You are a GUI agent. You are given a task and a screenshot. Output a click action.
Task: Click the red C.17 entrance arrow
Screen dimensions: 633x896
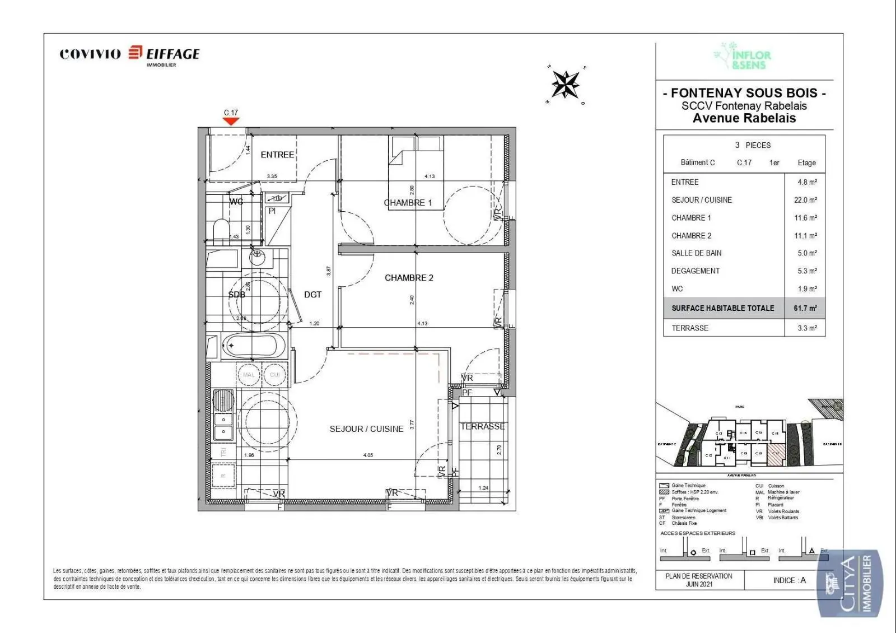click(231, 121)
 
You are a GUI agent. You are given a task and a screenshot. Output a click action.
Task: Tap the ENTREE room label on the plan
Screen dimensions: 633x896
click(277, 155)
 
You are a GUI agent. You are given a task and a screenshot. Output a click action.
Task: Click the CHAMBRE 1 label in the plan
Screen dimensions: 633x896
click(408, 203)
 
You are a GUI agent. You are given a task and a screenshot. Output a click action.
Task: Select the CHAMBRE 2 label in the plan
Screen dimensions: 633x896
click(409, 278)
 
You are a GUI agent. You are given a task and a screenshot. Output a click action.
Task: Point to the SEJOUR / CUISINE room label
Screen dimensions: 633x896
click(366, 429)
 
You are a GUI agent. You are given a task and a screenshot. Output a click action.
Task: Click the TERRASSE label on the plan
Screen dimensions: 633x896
click(482, 427)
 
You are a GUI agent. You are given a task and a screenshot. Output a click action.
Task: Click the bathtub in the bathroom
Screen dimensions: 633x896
click(254, 345)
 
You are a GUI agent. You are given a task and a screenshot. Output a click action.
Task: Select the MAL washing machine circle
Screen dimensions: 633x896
click(249, 375)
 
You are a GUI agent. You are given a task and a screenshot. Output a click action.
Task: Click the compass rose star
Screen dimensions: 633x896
click(566, 85)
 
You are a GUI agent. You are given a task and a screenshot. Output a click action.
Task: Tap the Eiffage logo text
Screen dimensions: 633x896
click(172, 54)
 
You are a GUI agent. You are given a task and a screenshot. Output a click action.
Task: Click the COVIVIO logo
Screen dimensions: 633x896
click(90, 54)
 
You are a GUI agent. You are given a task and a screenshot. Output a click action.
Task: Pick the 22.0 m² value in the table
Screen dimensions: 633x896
click(805, 200)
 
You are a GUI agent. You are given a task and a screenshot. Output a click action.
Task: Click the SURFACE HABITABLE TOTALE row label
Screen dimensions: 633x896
click(722, 308)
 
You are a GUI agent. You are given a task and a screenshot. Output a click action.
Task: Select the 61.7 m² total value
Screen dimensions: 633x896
click(805, 308)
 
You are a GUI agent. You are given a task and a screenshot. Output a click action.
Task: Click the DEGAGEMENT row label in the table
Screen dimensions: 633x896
click(695, 271)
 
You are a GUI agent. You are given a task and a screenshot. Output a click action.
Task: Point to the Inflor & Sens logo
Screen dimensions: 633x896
click(743, 56)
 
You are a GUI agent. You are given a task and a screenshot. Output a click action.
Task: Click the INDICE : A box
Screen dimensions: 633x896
click(789, 580)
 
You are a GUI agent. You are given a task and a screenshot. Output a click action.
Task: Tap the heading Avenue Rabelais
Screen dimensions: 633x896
click(744, 118)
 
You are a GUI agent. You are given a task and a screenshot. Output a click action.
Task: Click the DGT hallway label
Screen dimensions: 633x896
click(312, 295)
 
